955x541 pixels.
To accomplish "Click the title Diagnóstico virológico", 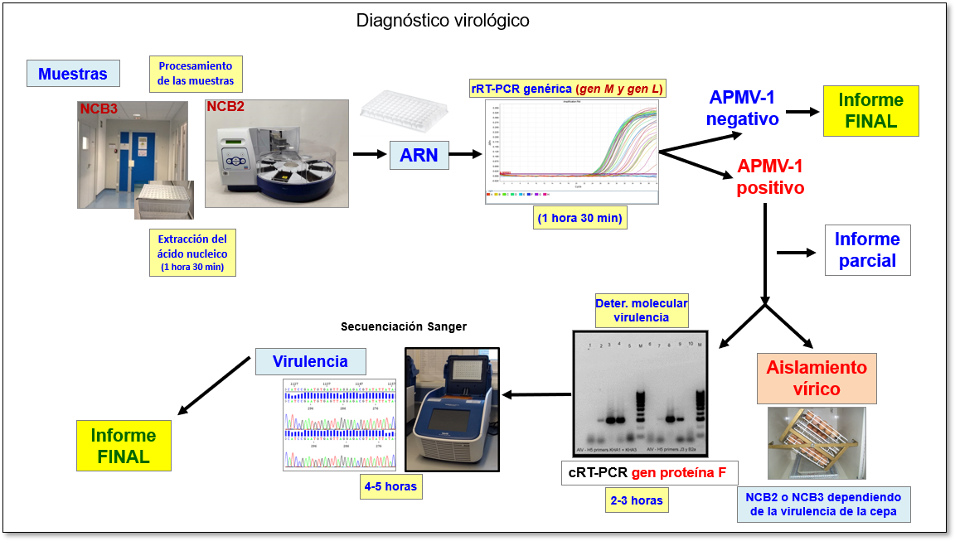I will pyautogui.click(x=443, y=20).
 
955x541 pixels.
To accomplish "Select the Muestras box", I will pyautogui.click(x=73, y=74).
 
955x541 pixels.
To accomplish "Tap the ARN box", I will pyautogui.click(x=419, y=154).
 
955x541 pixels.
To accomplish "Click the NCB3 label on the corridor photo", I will pyautogui.click(x=99, y=109).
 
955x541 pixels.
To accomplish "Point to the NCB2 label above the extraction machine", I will pyautogui.click(x=225, y=107).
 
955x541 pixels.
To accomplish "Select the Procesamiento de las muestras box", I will pyautogui.click(x=196, y=74).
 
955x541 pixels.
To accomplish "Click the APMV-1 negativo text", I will pyautogui.click(x=742, y=109).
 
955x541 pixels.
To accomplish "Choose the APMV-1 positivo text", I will pyautogui.click(x=770, y=176).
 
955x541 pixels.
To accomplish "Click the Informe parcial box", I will pyautogui.click(x=867, y=250).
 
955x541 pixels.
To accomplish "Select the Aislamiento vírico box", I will pyautogui.click(x=804, y=378).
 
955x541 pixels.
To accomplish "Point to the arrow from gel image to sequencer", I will pyautogui.click(x=536, y=394).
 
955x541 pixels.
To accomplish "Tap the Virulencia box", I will pyautogui.click(x=311, y=361).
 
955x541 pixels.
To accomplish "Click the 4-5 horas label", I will pyautogui.click(x=390, y=485).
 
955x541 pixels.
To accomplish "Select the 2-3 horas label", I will pyautogui.click(x=636, y=500).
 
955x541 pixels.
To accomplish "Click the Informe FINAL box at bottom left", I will pyautogui.click(x=124, y=446).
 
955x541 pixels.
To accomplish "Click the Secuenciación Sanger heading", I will pyautogui.click(x=404, y=326).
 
